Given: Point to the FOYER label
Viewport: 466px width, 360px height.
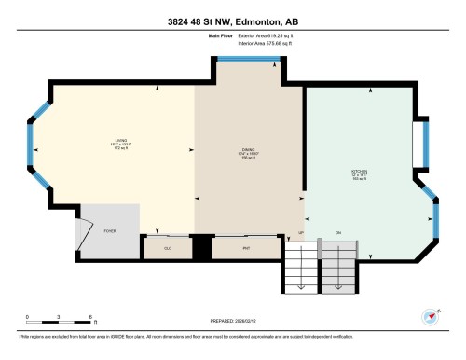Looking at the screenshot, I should [109, 228].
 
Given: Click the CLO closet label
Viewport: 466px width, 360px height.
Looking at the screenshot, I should [169, 248].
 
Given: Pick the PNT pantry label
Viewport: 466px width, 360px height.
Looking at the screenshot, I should [245, 248].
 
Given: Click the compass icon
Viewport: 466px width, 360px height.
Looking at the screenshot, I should [431, 316].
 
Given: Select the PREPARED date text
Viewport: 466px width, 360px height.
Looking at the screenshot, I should [232, 323].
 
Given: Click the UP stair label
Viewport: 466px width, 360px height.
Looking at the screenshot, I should [301, 232].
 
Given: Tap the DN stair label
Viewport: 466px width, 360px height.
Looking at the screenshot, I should [338, 232].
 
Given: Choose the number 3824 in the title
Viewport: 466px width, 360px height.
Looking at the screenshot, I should [171, 21].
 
